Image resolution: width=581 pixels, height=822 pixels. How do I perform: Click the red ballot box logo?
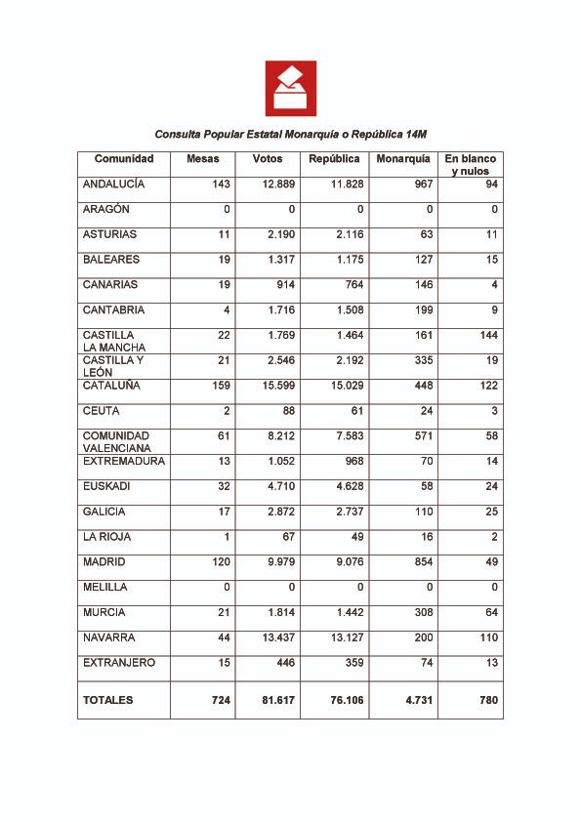tap(290, 88)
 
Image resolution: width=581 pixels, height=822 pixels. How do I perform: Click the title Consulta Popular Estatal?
tap(291, 134)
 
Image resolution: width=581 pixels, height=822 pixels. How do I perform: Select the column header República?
tap(334, 159)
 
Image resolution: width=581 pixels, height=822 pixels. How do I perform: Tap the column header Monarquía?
tap(403, 159)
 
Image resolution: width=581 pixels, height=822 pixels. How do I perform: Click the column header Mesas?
tap(202, 159)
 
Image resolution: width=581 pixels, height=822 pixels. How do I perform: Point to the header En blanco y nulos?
tap(470, 165)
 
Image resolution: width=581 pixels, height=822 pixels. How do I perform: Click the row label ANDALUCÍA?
tap(113, 184)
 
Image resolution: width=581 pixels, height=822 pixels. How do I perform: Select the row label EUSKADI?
tap(106, 486)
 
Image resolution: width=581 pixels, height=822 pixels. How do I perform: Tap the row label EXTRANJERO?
tap(119, 663)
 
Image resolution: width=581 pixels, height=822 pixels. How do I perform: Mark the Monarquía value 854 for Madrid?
tap(418, 562)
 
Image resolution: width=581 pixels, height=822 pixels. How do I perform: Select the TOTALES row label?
tap(108, 701)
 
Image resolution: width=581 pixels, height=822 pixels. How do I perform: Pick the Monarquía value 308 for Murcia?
tap(418, 613)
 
